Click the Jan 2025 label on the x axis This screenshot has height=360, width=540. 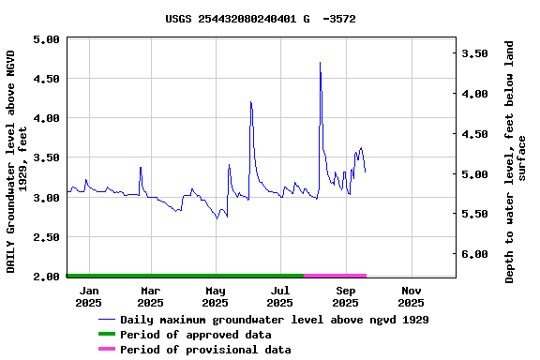89,296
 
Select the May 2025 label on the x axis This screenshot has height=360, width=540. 216,296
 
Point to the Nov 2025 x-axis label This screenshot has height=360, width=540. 411,296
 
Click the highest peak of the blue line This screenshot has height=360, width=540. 321,63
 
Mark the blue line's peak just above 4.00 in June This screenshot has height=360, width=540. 251,102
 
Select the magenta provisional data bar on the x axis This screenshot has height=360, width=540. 335,276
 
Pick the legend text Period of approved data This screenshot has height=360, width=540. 209,335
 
